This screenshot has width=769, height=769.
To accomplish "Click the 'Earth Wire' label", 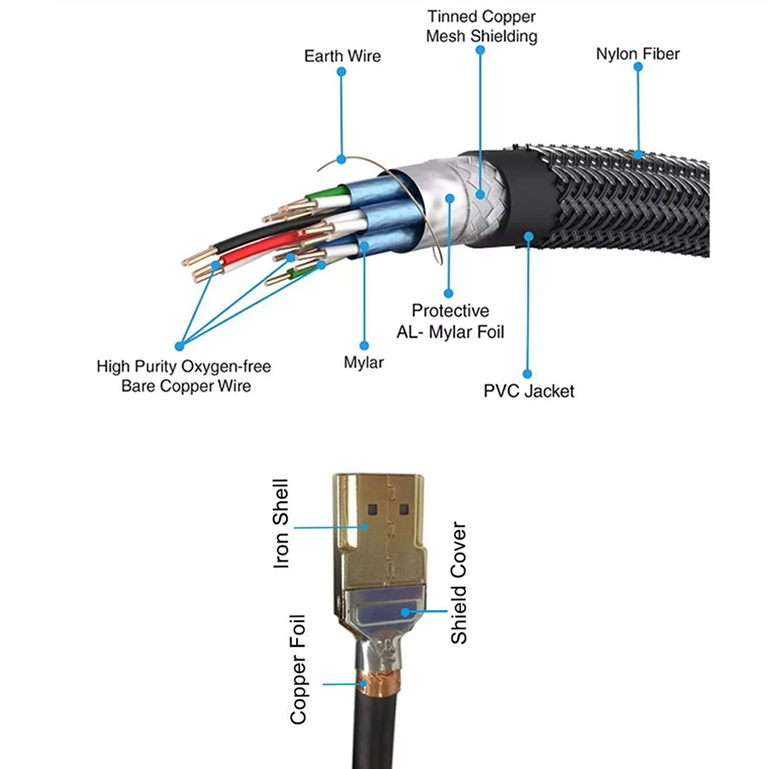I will (342, 56).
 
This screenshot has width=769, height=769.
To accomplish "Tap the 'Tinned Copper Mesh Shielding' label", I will (481, 26).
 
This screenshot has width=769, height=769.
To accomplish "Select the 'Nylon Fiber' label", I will (638, 55).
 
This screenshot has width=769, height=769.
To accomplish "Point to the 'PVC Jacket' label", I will (528, 391).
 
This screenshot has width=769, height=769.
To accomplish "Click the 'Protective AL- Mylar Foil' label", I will (451, 321).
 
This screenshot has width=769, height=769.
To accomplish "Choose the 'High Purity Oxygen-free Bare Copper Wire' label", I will (184, 376).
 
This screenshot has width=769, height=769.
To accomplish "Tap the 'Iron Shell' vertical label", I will (281, 524).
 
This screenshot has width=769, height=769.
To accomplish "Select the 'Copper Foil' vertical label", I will (298, 669).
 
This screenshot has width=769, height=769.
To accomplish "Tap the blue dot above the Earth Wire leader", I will (341, 72).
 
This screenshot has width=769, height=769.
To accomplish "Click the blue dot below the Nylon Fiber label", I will (638, 67).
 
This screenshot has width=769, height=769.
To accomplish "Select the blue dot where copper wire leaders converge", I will (180, 346).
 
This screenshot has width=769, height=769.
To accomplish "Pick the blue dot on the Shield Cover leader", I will (404, 612).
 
